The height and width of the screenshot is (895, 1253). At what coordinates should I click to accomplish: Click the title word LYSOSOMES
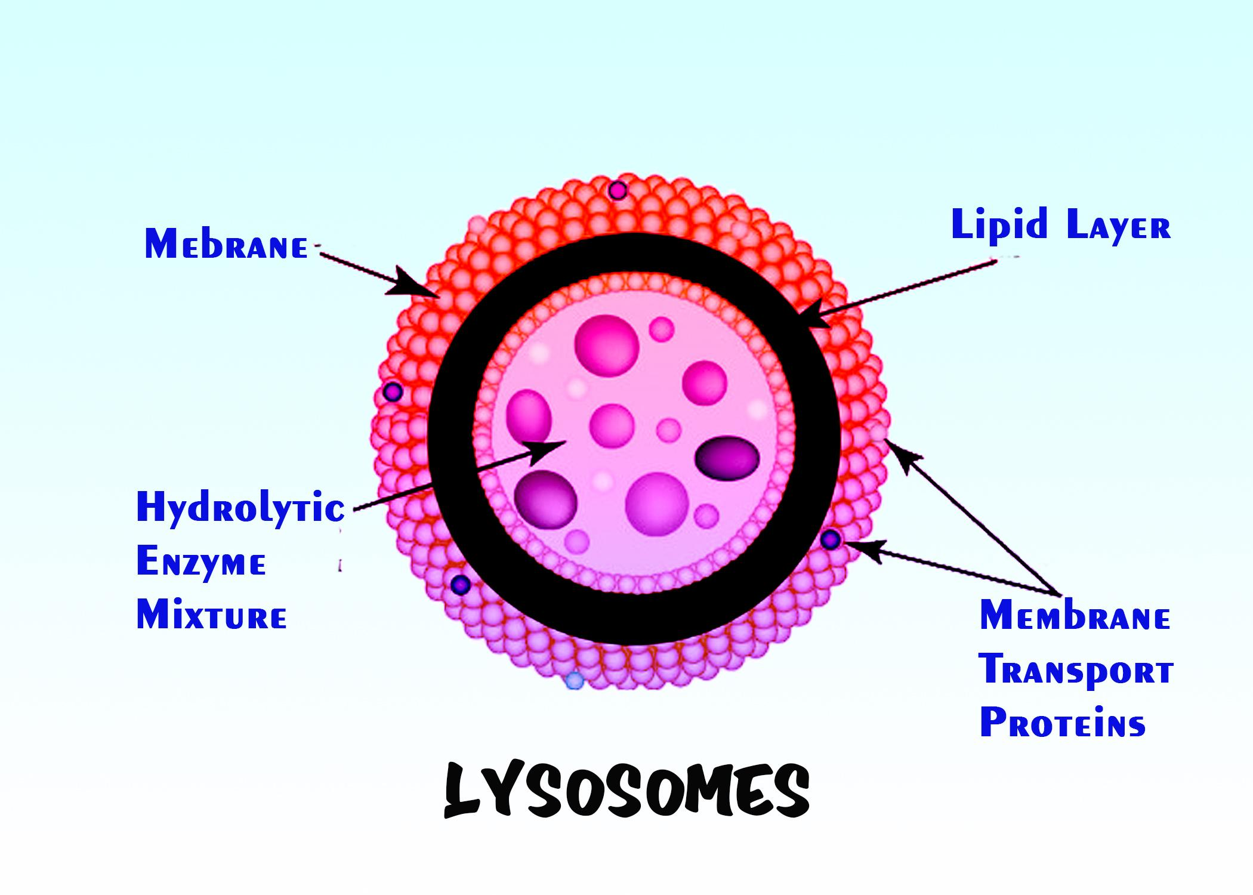[x=626, y=791]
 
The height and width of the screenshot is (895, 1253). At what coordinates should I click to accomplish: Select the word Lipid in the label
[x=999, y=226]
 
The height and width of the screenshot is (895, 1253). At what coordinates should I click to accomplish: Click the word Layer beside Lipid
[x=1118, y=227]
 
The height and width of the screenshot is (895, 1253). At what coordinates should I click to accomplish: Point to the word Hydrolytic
[x=240, y=508]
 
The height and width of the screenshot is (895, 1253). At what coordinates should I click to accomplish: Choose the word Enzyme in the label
[x=201, y=563]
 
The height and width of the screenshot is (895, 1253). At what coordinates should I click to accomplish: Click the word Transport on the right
[x=1076, y=671]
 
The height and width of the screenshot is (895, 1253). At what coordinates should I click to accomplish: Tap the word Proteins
[x=1063, y=723]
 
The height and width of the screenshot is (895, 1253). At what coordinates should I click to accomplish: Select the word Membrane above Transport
[x=1075, y=616]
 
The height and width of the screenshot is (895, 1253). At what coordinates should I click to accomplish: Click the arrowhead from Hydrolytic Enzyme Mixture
[x=546, y=450]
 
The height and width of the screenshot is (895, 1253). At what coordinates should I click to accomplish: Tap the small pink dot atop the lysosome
[x=618, y=191]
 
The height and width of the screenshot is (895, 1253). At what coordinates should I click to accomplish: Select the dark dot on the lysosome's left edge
[x=393, y=392]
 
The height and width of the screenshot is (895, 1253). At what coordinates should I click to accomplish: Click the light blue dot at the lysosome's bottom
[x=574, y=680]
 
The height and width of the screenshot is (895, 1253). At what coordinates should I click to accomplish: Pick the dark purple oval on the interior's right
[x=727, y=458]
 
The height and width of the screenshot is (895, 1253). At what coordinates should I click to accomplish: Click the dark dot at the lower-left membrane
[x=461, y=585]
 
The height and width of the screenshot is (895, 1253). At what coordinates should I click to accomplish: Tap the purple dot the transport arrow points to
[x=830, y=540]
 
